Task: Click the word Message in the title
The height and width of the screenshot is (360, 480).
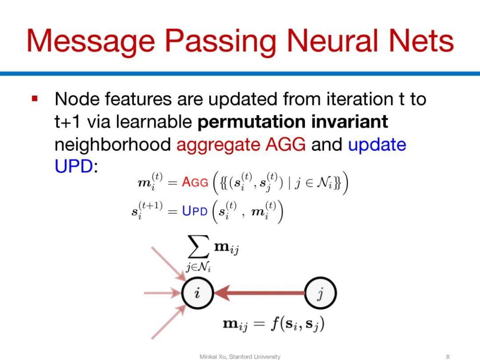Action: pos(91,42)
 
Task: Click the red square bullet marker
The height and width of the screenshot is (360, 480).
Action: pos(35,99)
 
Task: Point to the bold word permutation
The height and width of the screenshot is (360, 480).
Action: pos(251,122)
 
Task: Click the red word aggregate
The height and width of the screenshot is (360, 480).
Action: pos(218,145)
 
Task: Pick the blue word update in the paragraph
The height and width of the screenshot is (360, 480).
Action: pos(377,145)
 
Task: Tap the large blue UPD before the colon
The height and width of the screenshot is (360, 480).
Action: pos(74,166)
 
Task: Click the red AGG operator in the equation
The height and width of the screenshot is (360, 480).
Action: pos(195,183)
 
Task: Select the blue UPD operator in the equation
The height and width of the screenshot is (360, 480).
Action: pos(195,211)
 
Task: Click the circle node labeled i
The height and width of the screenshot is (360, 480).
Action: pos(197,293)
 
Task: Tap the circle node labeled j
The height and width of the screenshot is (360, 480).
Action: pos(320,293)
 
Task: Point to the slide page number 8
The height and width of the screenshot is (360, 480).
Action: pos(448,356)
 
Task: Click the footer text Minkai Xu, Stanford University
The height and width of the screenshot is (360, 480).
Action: pos(240,356)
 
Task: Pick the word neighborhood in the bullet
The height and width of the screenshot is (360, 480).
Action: pos(112,144)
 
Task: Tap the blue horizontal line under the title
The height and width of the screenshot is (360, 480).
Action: pos(240,73)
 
